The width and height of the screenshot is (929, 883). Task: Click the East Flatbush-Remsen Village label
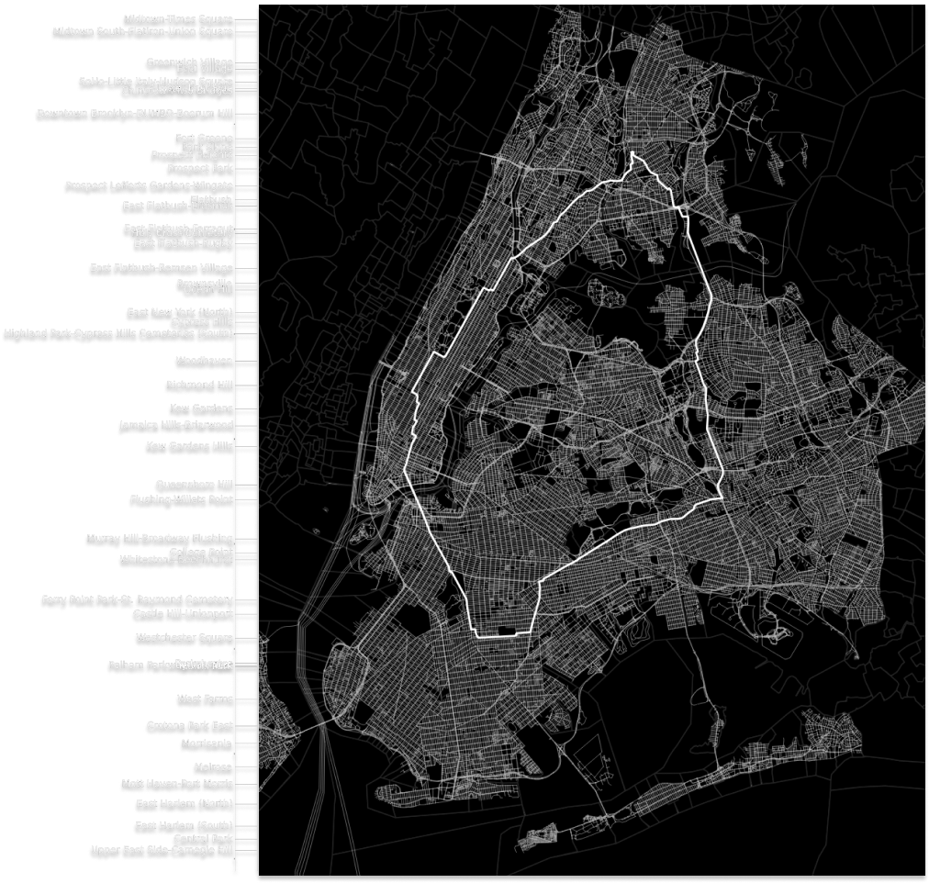coord(162,267)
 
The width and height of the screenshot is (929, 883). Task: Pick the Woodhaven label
coord(203,360)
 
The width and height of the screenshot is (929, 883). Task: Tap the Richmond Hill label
coord(199,384)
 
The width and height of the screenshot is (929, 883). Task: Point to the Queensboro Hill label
coord(193,484)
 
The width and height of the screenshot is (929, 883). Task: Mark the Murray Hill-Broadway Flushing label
coord(159,538)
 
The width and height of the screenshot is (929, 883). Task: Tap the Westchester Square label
coord(184,637)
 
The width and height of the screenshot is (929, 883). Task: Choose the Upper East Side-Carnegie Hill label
coord(162,850)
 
